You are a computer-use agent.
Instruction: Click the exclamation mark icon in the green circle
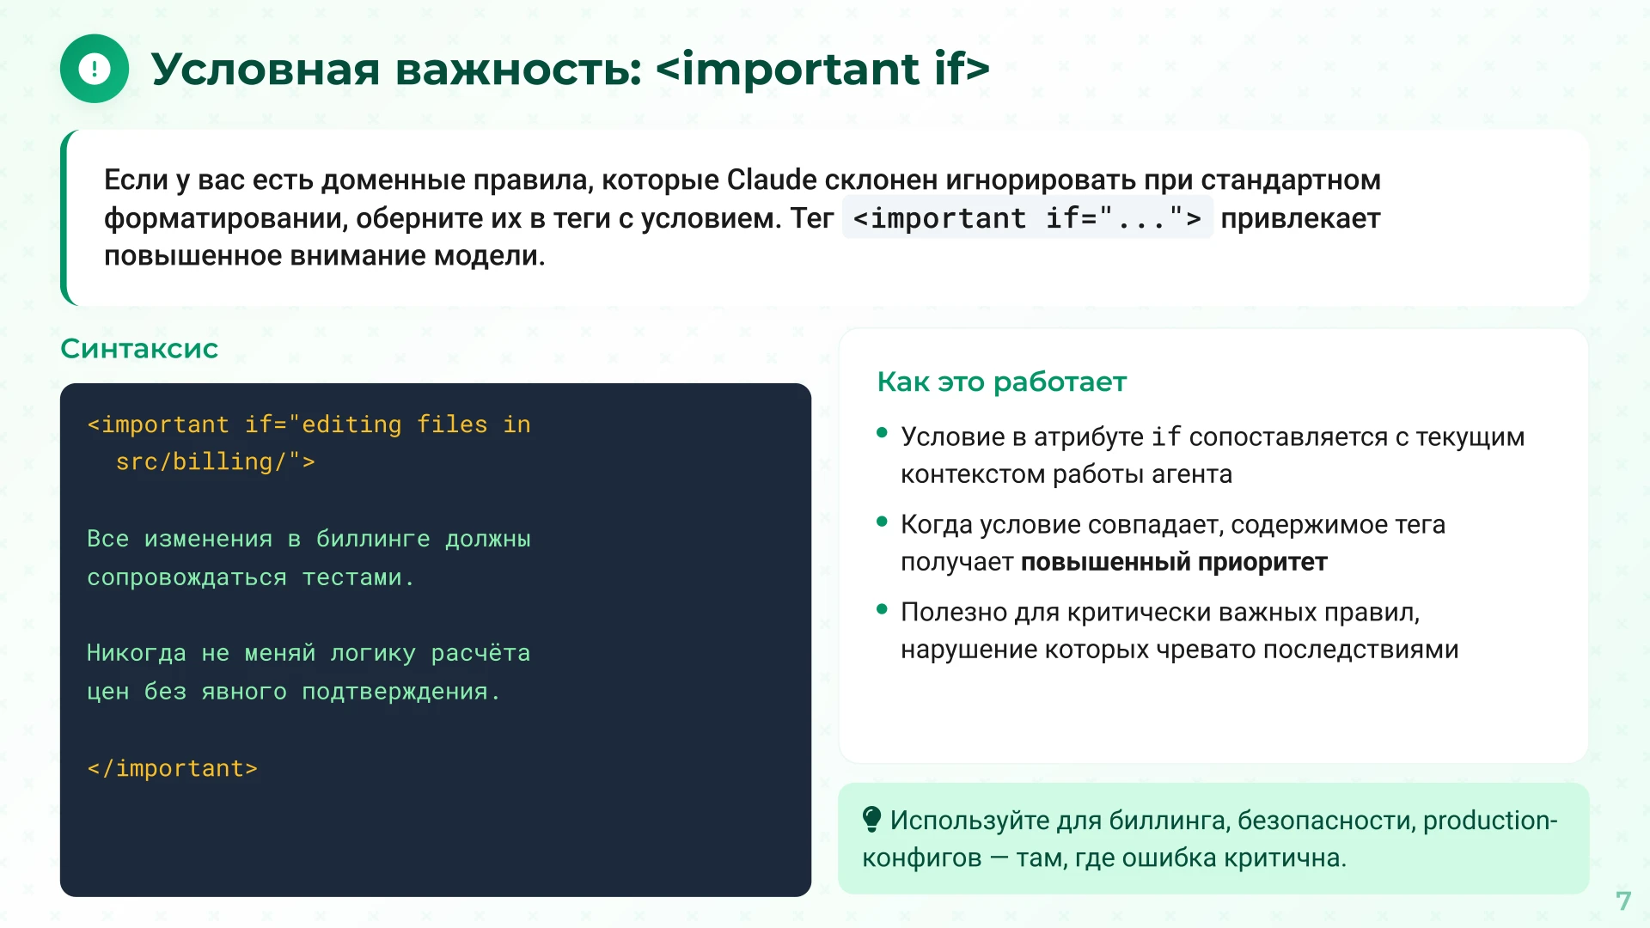point(95,69)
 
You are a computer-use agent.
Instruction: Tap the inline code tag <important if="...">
point(1027,218)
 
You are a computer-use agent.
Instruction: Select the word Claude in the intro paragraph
point(772,180)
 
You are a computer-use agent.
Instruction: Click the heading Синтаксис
point(139,348)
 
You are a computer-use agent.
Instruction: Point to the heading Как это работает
point(1001,382)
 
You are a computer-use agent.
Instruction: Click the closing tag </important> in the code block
point(173,768)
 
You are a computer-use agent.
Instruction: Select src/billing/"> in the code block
point(215,462)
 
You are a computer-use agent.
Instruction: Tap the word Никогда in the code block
point(136,653)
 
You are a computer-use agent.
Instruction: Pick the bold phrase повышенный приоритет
point(1174,562)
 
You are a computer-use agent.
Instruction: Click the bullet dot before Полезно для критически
point(882,609)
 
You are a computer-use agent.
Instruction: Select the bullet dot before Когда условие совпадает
point(882,522)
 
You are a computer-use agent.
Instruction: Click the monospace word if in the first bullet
point(1166,437)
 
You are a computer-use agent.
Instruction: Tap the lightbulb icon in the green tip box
point(871,819)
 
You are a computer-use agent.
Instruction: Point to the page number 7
point(1622,901)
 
